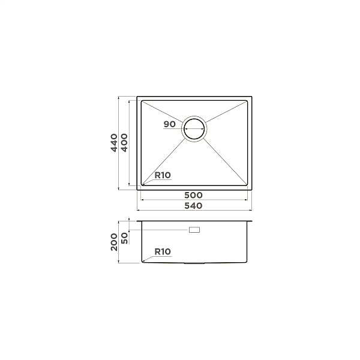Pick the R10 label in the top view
(163, 175)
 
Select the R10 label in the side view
(163, 252)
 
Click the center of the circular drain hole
(195, 128)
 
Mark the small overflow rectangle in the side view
(195, 230)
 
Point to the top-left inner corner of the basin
(142, 101)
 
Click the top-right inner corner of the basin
(248, 101)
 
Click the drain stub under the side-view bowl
(195, 263)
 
